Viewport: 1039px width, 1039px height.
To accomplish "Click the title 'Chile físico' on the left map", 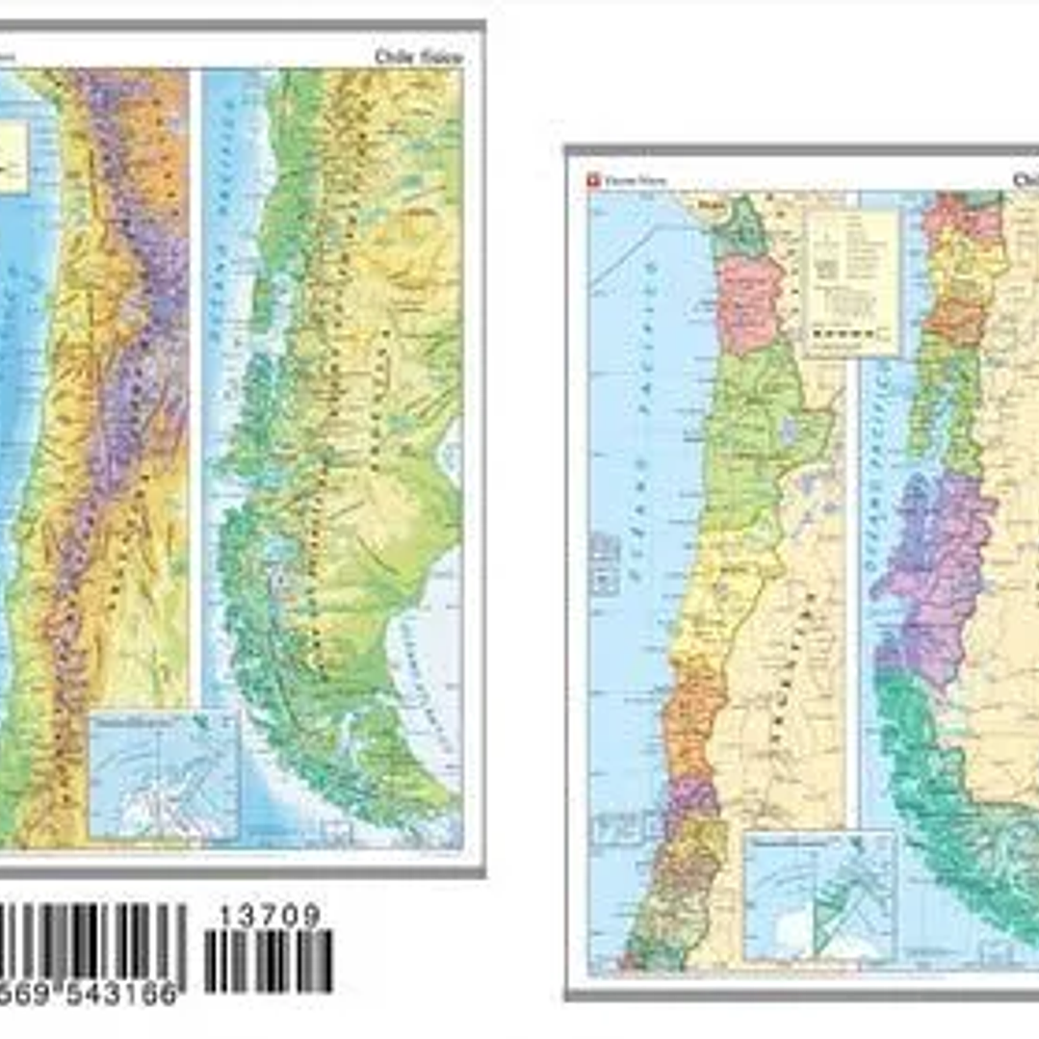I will tap(418, 57).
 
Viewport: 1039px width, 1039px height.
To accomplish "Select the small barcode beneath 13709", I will tap(269, 961).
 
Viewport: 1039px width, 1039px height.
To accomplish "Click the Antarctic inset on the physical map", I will tap(163, 776).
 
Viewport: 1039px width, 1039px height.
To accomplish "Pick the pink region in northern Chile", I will tap(750, 302).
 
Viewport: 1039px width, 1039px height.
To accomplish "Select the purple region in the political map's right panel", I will tap(935, 568).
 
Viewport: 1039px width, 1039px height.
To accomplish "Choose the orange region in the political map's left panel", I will tap(693, 717).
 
